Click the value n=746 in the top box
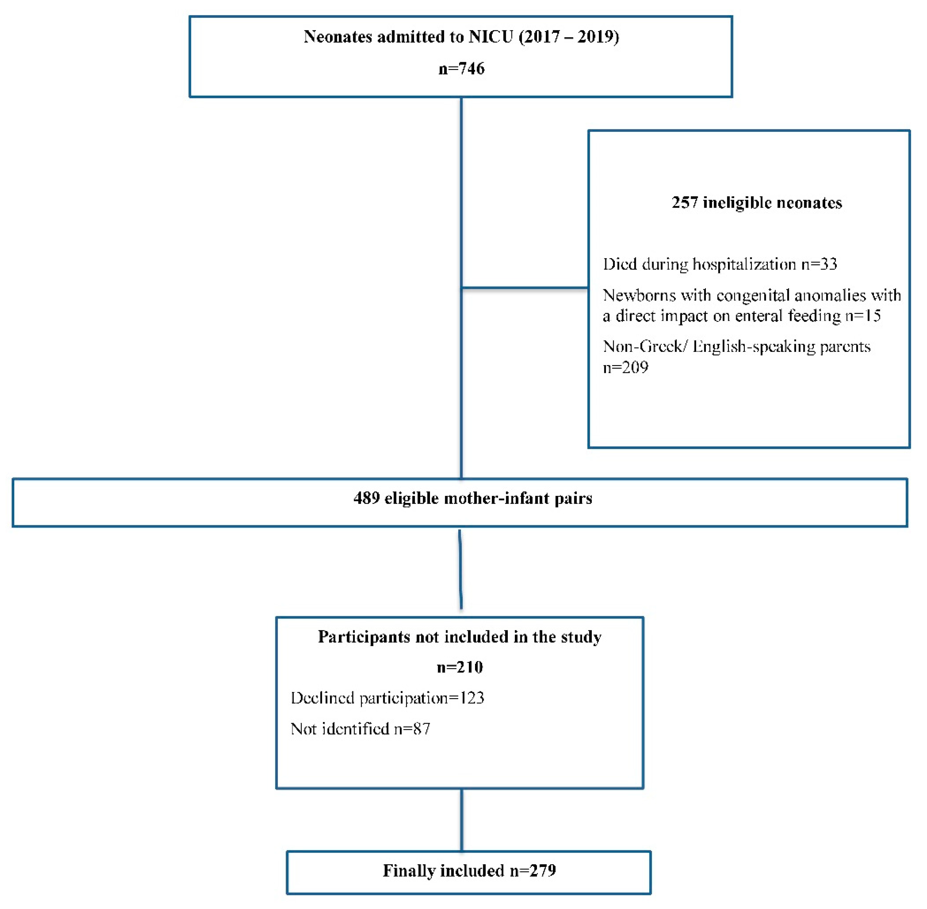461,69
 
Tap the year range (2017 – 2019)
569,37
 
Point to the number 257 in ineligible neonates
684,202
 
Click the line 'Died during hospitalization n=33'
719,264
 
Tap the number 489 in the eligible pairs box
366,499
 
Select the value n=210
460,667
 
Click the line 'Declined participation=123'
387,698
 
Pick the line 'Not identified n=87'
360,729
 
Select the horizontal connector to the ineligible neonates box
524,288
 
